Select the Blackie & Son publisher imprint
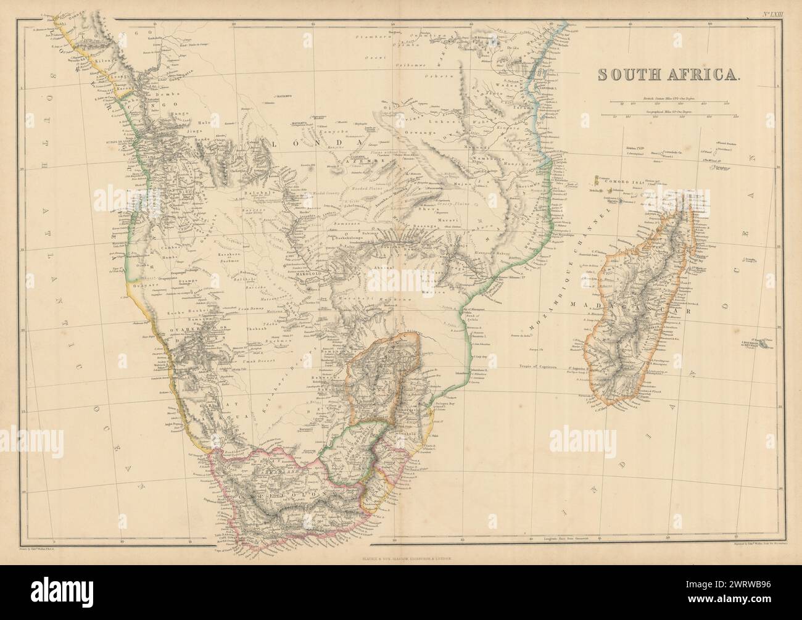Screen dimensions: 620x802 pos(401,541)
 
